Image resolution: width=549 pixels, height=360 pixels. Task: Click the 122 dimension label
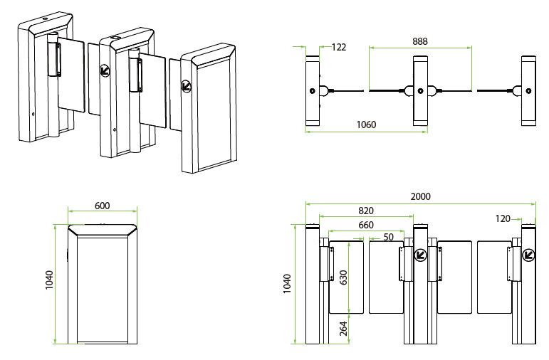(x=339, y=47)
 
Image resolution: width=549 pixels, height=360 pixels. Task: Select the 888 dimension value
(x=420, y=42)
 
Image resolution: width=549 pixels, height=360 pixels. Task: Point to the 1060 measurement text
(x=365, y=125)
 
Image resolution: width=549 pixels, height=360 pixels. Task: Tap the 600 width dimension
(x=102, y=205)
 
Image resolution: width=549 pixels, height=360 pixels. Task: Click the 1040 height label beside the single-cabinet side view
(x=48, y=283)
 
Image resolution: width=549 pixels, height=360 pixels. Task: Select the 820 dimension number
(x=366, y=211)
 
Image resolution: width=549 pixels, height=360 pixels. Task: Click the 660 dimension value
(x=366, y=225)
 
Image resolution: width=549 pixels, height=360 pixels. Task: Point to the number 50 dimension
(x=388, y=237)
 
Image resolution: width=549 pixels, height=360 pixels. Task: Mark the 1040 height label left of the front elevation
(x=287, y=283)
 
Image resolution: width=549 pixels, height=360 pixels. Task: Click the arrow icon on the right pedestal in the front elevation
(x=528, y=254)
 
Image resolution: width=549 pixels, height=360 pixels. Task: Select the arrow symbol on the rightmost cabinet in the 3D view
(x=187, y=86)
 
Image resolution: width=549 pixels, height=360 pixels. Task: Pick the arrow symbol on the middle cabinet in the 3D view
(x=105, y=70)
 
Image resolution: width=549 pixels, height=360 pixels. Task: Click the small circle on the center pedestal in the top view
(x=420, y=90)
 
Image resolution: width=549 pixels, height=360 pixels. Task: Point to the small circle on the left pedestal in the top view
(x=312, y=90)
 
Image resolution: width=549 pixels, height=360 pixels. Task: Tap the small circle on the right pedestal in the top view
(x=528, y=90)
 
